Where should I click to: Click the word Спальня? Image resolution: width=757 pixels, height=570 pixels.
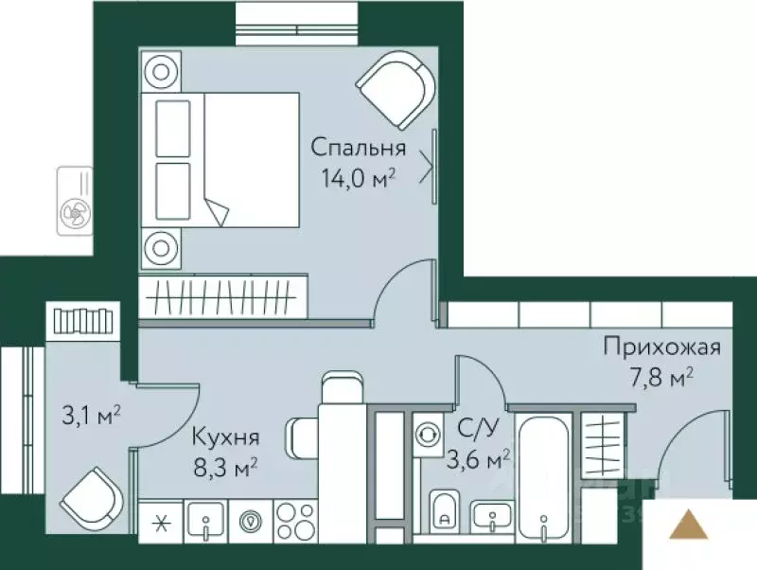[x=359, y=148]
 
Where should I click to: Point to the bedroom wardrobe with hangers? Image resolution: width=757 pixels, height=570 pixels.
[x=223, y=294]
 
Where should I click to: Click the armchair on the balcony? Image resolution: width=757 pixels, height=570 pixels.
[x=92, y=495]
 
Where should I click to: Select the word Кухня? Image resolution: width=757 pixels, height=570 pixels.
[x=225, y=437]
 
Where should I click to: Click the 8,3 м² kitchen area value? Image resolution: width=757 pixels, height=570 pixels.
[x=225, y=466]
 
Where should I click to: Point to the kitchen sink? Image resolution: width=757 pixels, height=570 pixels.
[x=205, y=521]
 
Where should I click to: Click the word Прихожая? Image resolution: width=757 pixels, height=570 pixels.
[x=662, y=347]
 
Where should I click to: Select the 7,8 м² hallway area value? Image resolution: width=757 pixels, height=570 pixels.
[x=662, y=379]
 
